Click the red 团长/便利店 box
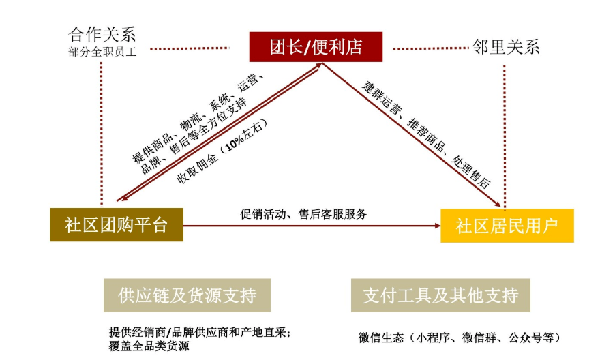316,46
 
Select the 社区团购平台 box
117,225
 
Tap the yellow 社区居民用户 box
507,226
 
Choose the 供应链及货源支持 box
187,295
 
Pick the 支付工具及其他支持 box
440,295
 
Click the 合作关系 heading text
102,35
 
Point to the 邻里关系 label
506,46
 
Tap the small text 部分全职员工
102,52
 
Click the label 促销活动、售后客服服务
303,213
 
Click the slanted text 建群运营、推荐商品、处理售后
426,134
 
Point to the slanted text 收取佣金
197,168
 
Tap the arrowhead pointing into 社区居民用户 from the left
438,226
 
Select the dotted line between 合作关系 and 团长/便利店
190,48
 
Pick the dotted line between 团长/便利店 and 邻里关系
431,48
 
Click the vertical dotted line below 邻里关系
505,137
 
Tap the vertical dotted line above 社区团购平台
102,134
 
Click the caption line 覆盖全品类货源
149,346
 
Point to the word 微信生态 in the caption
381,337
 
